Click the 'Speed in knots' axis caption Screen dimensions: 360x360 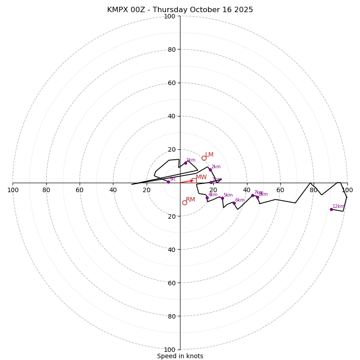180,356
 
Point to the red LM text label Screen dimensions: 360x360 209,155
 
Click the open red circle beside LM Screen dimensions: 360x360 204,158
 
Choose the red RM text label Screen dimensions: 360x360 190,200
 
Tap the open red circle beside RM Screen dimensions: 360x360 184,202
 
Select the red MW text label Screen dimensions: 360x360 201,177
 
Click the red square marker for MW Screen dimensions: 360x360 194,180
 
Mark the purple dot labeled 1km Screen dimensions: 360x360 185,163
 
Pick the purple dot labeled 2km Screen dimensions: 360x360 210,170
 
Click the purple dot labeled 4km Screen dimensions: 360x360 207,198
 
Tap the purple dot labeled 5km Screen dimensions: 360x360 222,198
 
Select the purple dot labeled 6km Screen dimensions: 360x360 234,203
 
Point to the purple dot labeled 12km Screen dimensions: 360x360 331,209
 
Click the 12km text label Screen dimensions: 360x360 338,207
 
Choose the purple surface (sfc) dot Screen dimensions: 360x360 168,182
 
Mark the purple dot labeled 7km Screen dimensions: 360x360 252,195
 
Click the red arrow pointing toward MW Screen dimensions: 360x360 186,181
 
